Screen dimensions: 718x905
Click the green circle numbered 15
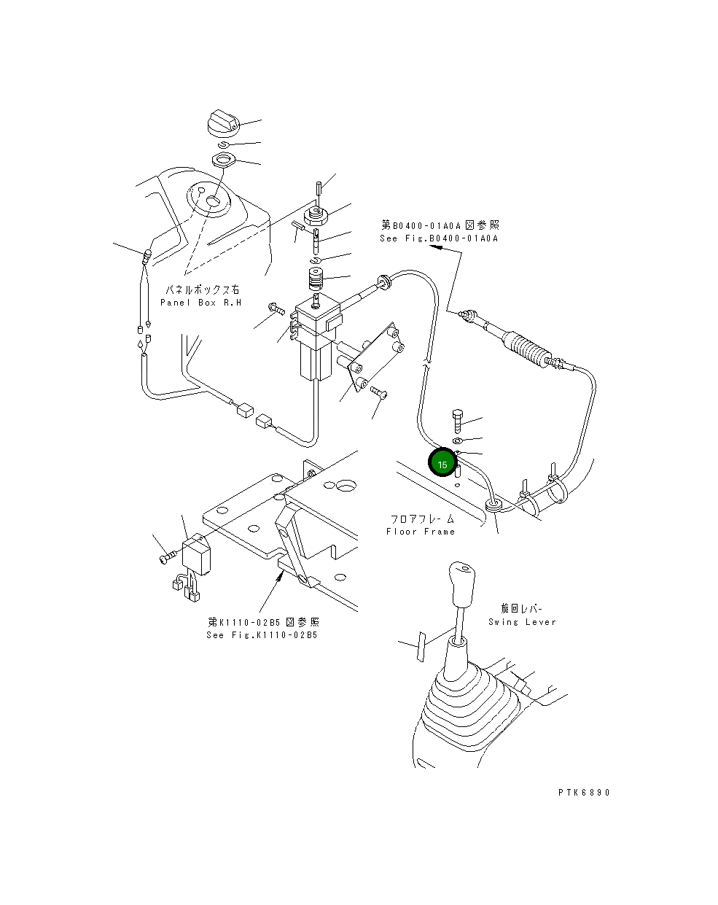[442, 462]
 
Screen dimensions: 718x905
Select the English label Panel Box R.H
[201, 303]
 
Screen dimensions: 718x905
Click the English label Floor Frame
[421, 532]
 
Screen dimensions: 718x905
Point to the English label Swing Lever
[522, 622]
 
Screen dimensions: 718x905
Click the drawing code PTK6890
[583, 792]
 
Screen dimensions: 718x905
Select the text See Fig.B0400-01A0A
[439, 238]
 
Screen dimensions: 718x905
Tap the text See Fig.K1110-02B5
[262, 635]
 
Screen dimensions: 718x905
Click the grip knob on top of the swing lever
[461, 583]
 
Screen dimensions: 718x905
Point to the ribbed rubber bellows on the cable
[527, 349]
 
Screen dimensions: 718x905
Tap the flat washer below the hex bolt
[457, 440]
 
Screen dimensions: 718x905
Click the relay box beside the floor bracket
[196, 554]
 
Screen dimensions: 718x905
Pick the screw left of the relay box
[168, 558]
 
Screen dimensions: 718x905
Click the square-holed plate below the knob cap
[223, 160]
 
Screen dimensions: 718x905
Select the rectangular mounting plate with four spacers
[376, 357]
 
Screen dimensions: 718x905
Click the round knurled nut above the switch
[316, 216]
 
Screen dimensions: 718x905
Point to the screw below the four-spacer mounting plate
[379, 392]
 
